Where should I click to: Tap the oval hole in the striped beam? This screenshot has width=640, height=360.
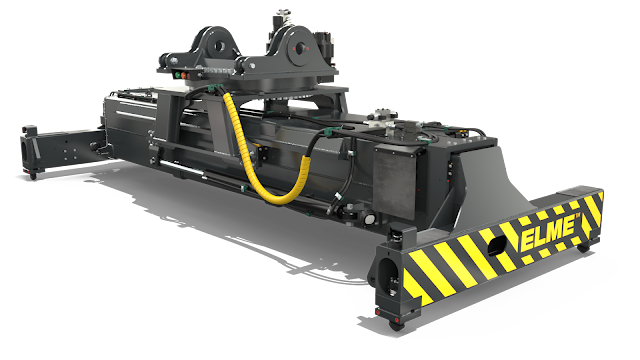[497, 246]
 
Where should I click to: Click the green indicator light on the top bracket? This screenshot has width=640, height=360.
[177, 75]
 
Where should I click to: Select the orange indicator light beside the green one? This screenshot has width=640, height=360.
[184, 76]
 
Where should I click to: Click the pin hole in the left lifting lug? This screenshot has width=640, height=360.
[219, 46]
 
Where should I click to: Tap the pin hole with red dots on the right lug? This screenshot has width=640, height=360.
[300, 48]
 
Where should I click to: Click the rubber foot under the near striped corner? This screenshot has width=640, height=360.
[396, 325]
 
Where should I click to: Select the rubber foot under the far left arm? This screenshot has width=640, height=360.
[33, 176]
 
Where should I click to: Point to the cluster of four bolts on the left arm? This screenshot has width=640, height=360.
[70, 154]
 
